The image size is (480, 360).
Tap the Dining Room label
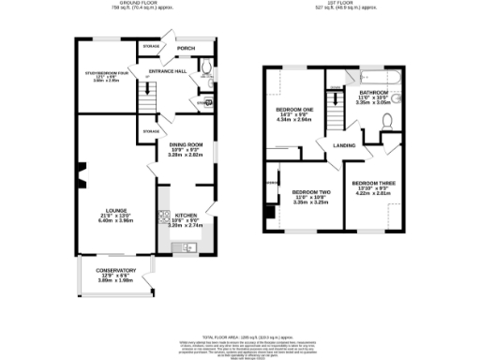[185, 144]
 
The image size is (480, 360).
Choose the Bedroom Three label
[368, 181]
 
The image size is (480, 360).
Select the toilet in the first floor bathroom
[388, 119]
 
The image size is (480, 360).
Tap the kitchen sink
[188, 247]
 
